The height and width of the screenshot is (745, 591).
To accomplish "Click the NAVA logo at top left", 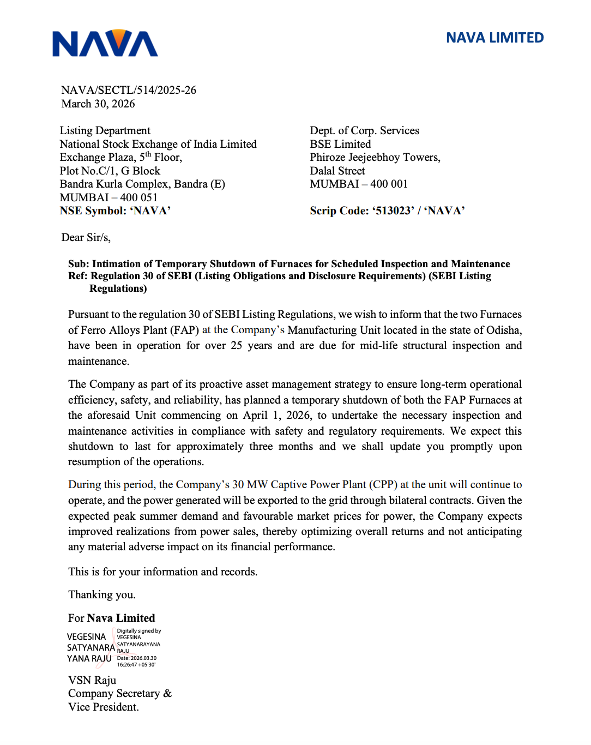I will coord(105,44).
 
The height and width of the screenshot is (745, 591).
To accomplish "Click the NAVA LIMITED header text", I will coord(494,38).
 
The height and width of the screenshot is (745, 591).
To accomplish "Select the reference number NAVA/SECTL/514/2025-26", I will coord(129,90).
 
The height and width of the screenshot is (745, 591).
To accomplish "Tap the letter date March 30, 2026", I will coord(98,104).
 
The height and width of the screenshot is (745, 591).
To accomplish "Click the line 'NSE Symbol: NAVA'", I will coord(115,211).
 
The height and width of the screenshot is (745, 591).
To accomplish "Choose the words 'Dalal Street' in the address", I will coord(337,171).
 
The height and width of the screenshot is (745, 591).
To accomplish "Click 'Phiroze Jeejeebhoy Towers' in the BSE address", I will coord(375,157).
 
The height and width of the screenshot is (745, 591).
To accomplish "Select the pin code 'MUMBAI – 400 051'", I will coord(108,197).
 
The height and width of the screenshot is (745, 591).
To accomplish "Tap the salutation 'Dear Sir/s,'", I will coord(86,237).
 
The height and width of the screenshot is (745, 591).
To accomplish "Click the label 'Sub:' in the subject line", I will coord(79,264).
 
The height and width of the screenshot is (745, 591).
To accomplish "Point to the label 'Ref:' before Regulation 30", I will coord(78,276).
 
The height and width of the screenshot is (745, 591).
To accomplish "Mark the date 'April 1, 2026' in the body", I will coord(277,416).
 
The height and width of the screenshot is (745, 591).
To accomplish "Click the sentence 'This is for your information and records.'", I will coord(162,572).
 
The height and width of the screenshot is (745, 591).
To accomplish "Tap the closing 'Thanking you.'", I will coord(102,594).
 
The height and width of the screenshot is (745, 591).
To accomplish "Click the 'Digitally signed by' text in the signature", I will coord(139,631).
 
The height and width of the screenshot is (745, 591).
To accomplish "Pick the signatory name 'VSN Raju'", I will coord(92,680).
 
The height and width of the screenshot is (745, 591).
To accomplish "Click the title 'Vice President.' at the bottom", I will coord(104,707).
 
